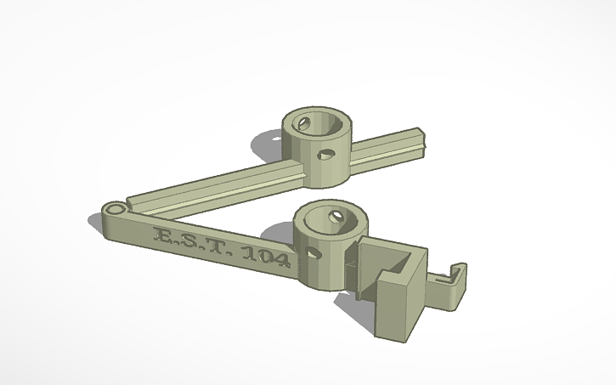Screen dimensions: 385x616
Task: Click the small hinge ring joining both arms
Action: pos(113,208)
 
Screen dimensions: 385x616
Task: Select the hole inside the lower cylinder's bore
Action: pos(336,218)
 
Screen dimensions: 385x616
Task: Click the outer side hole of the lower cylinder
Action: pos(314,252)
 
